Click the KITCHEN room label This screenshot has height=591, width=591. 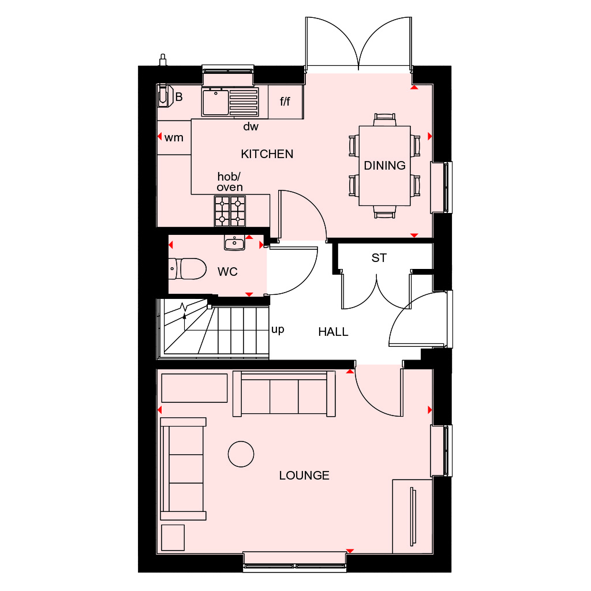pyautogui.click(x=267, y=154)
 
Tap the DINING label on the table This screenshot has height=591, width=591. pyautogui.click(x=384, y=166)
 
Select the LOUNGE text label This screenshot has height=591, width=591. pyautogui.click(x=304, y=476)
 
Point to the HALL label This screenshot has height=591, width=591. pyautogui.click(x=333, y=332)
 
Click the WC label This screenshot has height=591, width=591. pyautogui.click(x=227, y=272)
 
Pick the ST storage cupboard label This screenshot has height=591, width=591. pyautogui.click(x=379, y=258)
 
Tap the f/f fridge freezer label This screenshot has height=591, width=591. pyautogui.click(x=286, y=102)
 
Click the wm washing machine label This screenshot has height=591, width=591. pyautogui.click(x=174, y=137)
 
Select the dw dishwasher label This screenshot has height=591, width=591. pyautogui.click(x=250, y=126)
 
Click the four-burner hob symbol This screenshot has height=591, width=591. pyautogui.click(x=230, y=211)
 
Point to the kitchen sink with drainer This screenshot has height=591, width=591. pyautogui.click(x=230, y=102)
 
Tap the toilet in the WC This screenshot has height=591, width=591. pyautogui.click(x=188, y=268)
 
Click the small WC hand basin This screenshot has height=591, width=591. pyautogui.click(x=234, y=243)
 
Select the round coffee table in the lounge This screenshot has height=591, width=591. pyautogui.click(x=241, y=454)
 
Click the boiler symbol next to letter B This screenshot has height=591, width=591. pyautogui.click(x=165, y=96)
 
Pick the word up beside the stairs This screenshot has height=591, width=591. pyautogui.click(x=278, y=330)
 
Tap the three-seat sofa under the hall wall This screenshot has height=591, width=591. pyautogui.click(x=284, y=394)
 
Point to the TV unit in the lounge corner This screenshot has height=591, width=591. pyautogui.click(x=412, y=516)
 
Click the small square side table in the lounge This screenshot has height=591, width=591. pyautogui.click(x=173, y=537)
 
